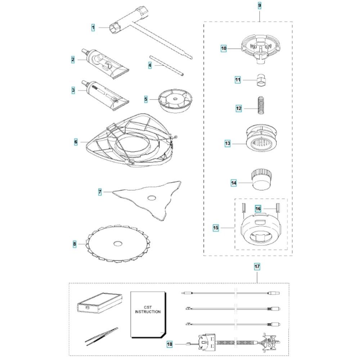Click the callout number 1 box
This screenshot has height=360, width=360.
tap(93, 27)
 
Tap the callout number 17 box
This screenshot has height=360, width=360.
tap(257, 267)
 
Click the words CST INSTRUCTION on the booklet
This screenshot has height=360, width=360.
tap(148, 309)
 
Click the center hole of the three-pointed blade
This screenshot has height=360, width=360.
tap(152, 197)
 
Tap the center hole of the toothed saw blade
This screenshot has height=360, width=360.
tap(117, 244)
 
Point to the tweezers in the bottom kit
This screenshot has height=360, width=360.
tap(102, 334)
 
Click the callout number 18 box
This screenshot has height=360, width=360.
tap(170, 345)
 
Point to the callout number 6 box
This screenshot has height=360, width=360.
tap(76, 142)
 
